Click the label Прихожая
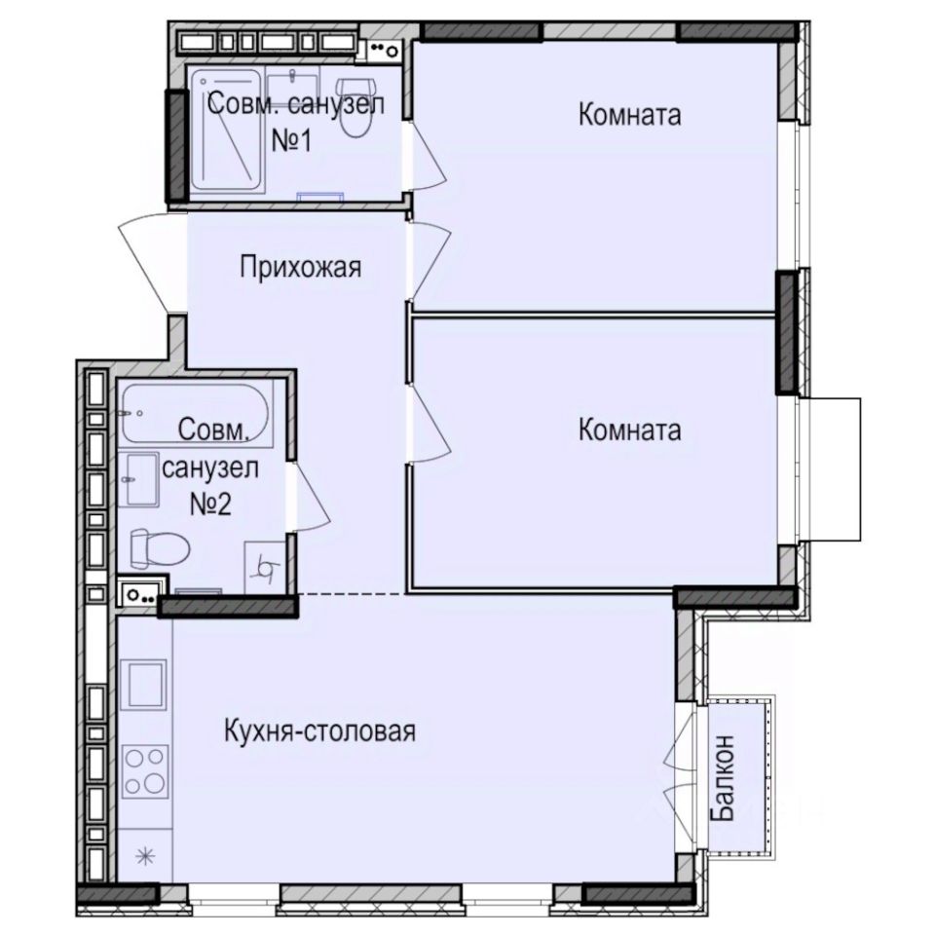(x=301, y=267)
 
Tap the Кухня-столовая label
(x=319, y=730)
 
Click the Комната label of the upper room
(x=630, y=114)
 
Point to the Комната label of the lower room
(x=630, y=430)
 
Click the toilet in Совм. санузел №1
(x=355, y=107)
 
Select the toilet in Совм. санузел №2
(x=160, y=547)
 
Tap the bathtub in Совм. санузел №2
(x=195, y=413)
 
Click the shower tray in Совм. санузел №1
(x=227, y=131)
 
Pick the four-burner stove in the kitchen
(x=144, y=771)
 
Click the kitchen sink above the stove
(x=144, y=685)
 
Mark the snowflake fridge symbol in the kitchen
(x=145, y=857)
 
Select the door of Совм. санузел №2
(x=309, y=496)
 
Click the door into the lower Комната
(x=429, y=424)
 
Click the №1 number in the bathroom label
(x=291, y=141)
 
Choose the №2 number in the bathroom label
(x=210, y=504)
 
